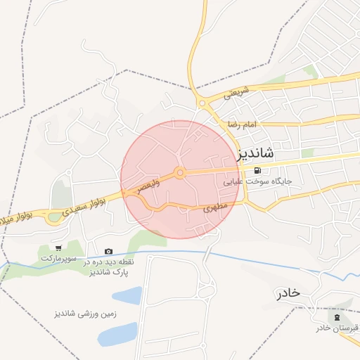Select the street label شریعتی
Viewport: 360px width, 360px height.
[x=236, y=91]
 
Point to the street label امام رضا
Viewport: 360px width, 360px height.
[x=243, y=124]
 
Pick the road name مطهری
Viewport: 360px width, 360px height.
[x=215, y=208]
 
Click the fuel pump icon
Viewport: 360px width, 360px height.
[x=260, y=170]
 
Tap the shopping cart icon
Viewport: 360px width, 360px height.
[x=58, y=247]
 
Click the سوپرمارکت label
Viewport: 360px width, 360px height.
[x=56, y=258]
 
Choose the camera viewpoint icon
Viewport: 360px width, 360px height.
[x=108, y=251]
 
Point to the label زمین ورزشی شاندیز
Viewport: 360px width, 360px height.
[x=86, y=313]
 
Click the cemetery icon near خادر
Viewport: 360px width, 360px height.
[x=337, y=317]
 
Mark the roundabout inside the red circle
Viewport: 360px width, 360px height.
[x=180, y=172]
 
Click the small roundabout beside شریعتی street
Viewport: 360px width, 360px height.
[x=202, y=103]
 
